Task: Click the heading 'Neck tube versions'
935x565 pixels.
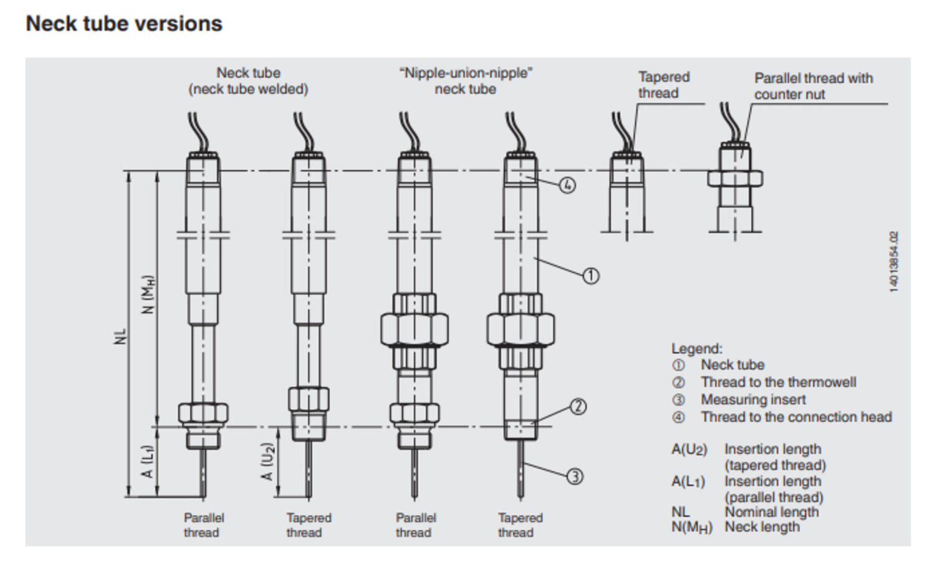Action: click(x=124, y=24)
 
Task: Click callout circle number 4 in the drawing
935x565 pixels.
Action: click(x=567, y=185)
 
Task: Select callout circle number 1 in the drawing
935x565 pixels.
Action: click(x=590, y=275)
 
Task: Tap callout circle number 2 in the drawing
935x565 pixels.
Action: click(x=578, y=407)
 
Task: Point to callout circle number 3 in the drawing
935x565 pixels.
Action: click(x=575, y=477)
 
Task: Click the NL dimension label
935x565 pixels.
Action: click(x=122, y=336)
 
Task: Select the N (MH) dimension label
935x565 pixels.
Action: click(x=148, y=294)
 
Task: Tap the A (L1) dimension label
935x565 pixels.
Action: click(x=147, y=462)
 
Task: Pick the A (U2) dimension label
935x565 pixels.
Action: click(x=267, y=462)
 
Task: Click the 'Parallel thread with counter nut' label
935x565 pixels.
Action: click(x=813, y=86)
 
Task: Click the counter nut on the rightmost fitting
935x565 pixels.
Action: click(x=735, y=179)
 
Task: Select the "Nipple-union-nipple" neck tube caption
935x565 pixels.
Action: click(x=466, y=81)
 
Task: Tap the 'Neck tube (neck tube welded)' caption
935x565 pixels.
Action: click(x=248, y=81)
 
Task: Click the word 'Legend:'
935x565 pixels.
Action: click(x=696, y=349)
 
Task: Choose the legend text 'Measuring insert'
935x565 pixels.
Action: click(x=753, y=399)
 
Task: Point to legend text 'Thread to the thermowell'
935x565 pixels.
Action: click(x=778, y=382)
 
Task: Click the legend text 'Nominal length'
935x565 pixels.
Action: click(x=771, y=512)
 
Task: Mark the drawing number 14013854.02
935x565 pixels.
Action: click(x=894, y=262)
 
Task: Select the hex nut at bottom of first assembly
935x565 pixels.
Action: click(x=203, y=413)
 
